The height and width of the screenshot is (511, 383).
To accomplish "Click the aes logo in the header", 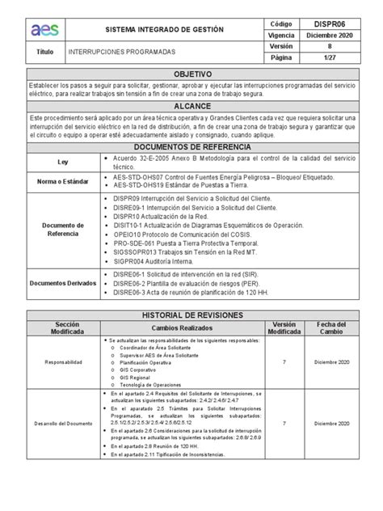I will click(40, 29).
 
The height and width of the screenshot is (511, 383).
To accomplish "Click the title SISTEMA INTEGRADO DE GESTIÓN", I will click(164, 29).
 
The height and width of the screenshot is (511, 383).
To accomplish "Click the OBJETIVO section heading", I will click(191, 73).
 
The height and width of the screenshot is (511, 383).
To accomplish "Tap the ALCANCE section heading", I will click(191, 106).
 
